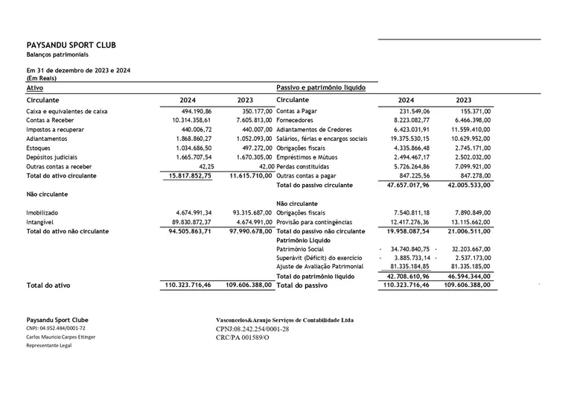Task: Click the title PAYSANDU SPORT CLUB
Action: pyautogui.click(x=71, y=45)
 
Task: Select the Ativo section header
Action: pyautogui.click(x=34, y=87)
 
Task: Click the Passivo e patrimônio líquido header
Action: pyautogui.click(x=321, y=87)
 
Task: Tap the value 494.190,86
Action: pyautogui.click(x=193, y=111)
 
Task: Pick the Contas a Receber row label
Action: pyautogui.click(x=49, y=120)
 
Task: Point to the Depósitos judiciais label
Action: pyautogui.click(x=52, y=157)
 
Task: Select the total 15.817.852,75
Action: pyautogui.click(x=187, y=175)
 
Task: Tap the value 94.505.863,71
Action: pyautogui.click(x=187, y=231)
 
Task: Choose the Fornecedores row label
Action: pyautogui.click(x=296, y=120)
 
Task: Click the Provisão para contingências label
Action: pyautogui.click(x=314, y=221)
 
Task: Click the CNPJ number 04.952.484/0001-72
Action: pyautogui.click(x=66, y=328)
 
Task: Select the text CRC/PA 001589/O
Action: pyautogui.click(x=243, y=337)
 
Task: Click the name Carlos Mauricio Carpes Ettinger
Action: pyautogui.click(x=61, y=337)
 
